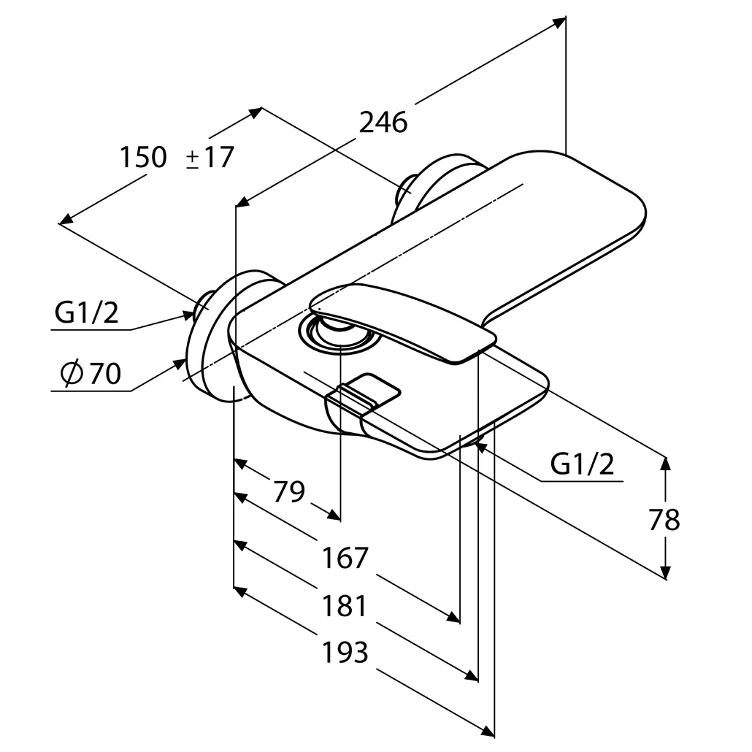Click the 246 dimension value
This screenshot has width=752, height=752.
pos(383,123)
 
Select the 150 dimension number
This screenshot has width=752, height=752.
pos(143,157)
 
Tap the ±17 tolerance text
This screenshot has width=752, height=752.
pos(210,157)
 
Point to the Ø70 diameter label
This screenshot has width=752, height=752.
pos(91,373)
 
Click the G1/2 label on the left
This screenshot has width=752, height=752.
pos(86,312)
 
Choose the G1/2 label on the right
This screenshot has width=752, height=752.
pos(582,464)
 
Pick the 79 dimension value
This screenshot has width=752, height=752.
pos(288,491)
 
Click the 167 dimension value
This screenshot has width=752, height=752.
pos(345,557)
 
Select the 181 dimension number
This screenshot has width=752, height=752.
pos(345,605)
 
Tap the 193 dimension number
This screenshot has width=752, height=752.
pos(345,652)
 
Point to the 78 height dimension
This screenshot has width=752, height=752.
pos(664,519)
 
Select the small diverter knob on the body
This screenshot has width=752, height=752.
pos(363,394)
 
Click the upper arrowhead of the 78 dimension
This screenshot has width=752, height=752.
pos(665,463)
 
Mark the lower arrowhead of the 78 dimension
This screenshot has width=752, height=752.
pos(665,572)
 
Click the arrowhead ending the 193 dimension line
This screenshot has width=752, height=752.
pos(488,731)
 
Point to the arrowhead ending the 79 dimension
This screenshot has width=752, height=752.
pos(334,515)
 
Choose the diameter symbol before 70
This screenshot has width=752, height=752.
pos(72,373)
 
